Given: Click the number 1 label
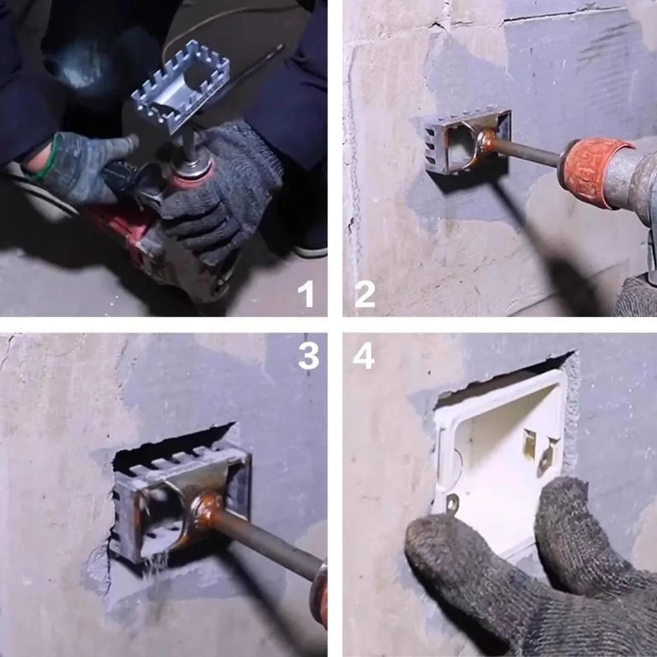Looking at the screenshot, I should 306,294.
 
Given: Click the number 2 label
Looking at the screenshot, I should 364,294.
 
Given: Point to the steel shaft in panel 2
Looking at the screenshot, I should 526,153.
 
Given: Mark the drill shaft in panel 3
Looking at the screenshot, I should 269,542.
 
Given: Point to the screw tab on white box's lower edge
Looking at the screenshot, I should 452,504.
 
